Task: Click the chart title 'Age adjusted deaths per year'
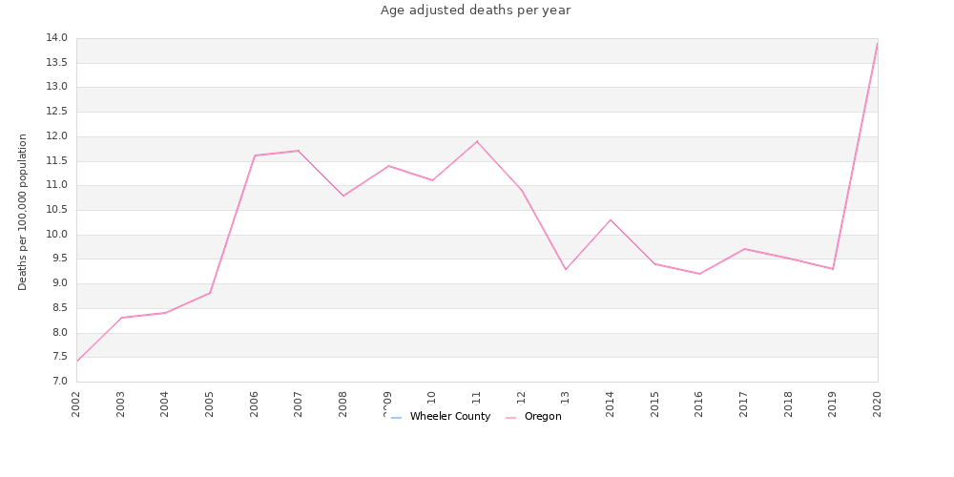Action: click(475, 10)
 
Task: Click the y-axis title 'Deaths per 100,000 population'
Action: click(23, 212)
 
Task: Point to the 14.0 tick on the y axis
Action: click(56, 38)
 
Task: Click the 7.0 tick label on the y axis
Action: click(58, 382)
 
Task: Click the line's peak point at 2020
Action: click(878, 43)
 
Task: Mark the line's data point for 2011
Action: click(477, 141)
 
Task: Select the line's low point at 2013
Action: click(566, 269)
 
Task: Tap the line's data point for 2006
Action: click(255, 156)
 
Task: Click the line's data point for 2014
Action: click(611, 219)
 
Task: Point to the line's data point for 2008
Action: click(343, 196)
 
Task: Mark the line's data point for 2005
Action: click(210, 293)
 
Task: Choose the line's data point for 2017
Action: click(744, 249)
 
